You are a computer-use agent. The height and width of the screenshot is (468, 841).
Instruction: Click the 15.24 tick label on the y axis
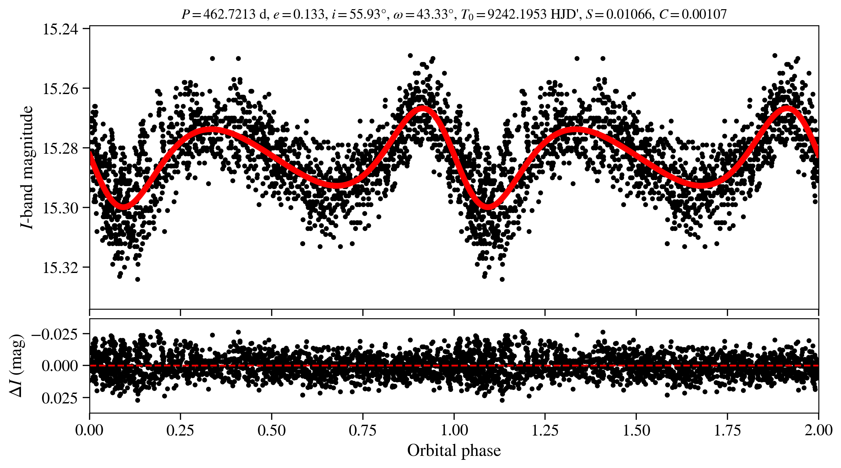(61, 29)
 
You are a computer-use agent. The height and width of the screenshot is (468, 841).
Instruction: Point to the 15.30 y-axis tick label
(61, 208)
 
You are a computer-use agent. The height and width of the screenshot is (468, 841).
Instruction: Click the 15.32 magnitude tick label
(61, 267)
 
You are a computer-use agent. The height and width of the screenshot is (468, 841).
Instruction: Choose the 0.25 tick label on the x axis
(180, 430)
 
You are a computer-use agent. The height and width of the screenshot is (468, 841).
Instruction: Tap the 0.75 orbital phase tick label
(363, 430)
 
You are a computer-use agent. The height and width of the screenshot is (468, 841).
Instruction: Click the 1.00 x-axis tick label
(454, 430)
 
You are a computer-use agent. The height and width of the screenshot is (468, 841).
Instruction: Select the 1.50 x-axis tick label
(636, 430)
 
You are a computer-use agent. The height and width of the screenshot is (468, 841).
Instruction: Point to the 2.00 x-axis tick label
(818, 430)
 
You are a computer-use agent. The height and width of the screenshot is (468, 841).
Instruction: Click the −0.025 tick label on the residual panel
(55, 334)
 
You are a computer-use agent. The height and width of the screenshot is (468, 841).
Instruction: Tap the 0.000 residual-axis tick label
(60, 366)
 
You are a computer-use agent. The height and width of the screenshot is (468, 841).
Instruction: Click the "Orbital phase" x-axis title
(454, 451)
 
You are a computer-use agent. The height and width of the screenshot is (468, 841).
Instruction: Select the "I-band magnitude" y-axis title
(27, 167)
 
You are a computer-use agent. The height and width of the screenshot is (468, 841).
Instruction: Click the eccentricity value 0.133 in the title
(308, 14)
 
